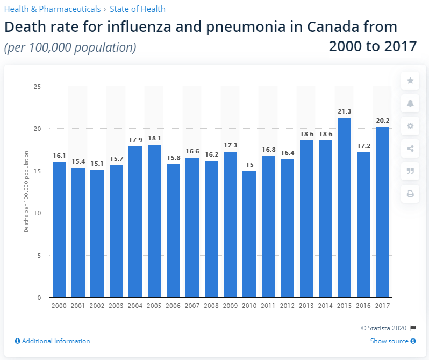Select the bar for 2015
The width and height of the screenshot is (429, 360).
point(344,207)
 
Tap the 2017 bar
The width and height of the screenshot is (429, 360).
point(382,212)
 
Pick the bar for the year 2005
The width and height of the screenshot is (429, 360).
point(154,221)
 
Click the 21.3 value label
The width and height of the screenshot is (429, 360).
point(344,111)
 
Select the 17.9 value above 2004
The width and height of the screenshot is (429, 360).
point(135,140)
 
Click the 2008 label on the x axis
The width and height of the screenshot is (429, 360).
point(211,305)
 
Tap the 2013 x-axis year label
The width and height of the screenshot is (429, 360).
point(306,305)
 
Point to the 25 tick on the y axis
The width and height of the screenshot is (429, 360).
point(38,86)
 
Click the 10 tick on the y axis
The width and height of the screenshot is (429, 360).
point(38,213)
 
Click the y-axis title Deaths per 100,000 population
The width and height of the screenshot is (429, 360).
point(26,192)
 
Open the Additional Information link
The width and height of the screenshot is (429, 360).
point(53,341)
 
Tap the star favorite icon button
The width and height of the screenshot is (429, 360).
point(410,81)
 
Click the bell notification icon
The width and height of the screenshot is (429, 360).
point(410,103)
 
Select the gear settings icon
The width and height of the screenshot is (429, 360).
point(410,126)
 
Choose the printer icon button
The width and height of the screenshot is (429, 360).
point(410,194)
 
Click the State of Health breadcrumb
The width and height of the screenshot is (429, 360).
point(137,9)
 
